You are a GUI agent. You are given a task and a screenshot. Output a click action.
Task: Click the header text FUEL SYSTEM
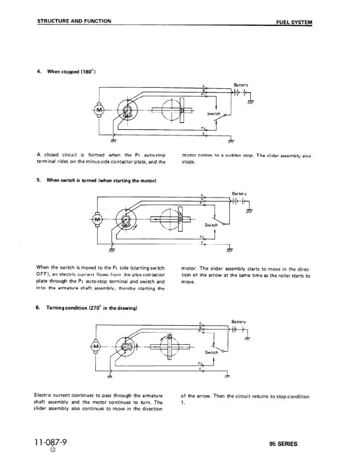295,22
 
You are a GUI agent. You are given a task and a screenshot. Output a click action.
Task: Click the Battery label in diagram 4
240,84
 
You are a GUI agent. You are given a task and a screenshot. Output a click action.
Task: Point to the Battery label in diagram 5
239,193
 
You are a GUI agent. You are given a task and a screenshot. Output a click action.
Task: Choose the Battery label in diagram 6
238,322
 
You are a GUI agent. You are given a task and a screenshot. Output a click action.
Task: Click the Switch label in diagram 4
214,114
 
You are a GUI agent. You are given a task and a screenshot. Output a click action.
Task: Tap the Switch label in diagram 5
211,224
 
